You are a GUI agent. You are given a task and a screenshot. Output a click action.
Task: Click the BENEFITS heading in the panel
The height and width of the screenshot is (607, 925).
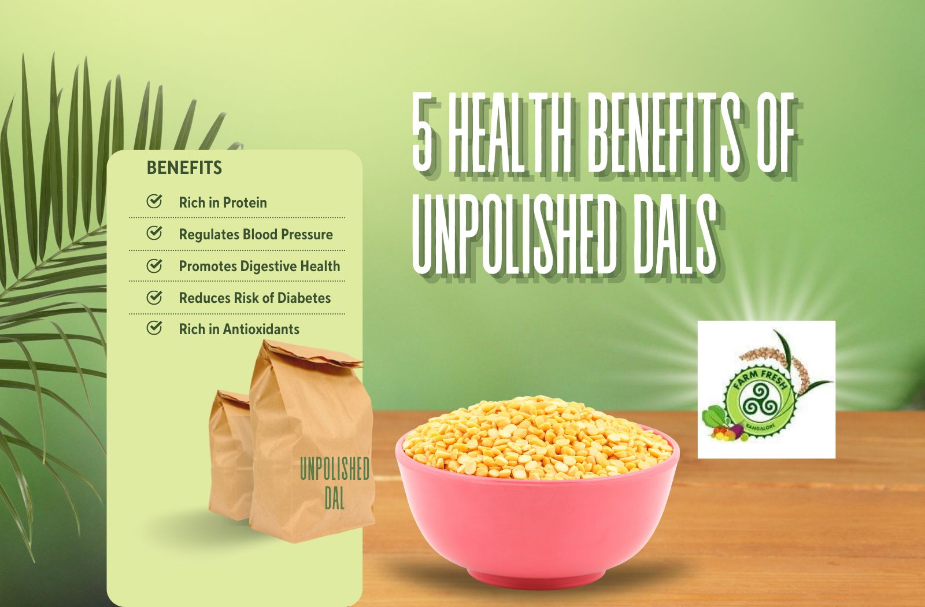pyautogui.click(x=184, y=168)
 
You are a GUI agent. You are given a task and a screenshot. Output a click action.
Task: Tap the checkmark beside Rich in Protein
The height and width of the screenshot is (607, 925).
pyautogui.click(x=154, y=202)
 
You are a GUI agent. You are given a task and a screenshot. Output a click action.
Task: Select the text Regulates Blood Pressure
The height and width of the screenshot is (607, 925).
pyautogui.click(x=256, y=234)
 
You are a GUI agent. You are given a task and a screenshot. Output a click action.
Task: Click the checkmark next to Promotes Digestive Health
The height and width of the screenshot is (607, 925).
pyautogui.click(x=154, y=266)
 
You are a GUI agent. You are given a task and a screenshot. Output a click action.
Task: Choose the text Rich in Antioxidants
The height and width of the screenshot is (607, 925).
pyautogui.click(x=239, y=329)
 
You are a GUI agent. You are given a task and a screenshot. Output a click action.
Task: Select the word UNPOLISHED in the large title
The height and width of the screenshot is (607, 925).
pyautogui.click(x=512, y=236)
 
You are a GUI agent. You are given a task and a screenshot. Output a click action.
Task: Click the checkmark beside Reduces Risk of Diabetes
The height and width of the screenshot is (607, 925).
pyautogui.click(x=154, y=297)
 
